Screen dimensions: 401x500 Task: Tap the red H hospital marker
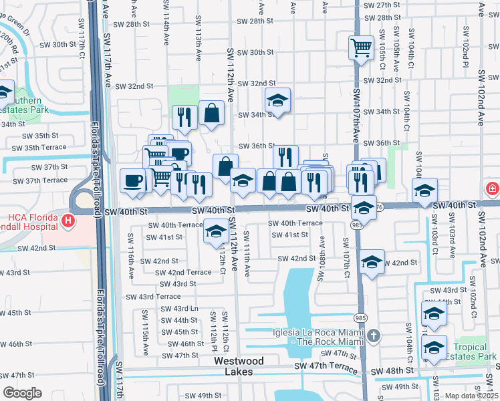pyautogui.click(x=67, y=220)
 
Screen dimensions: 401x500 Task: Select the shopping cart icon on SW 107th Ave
pyautogui.click(x=361, y=48)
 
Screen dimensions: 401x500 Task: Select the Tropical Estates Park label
pyautogui.click(x=474, y=352)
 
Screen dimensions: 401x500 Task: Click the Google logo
pyautogui.click(x=22, y=393)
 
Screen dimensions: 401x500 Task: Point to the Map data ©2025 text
pyautogui.click(x=471, y=396)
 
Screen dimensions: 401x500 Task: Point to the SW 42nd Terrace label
pyautogui.click(x=183, y=272)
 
